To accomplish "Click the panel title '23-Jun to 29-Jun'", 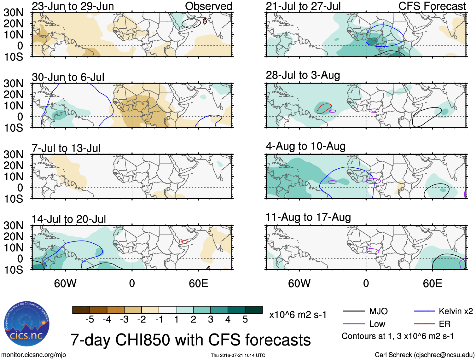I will (x=73, y=6).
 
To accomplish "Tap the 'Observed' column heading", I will (x=208, y=6).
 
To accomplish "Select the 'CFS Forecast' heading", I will (x=432, y=6).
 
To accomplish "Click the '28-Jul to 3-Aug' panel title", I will (x=303, y=75).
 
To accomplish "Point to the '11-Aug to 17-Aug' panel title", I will (x=308, y=217).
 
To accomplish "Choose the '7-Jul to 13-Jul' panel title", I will (x=66, y=148).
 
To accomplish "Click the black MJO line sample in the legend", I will (x=354, y=311).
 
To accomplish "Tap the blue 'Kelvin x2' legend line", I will (x=424, y=311).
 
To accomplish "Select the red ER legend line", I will (x=424, y=324).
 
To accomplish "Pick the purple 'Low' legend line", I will (x=354, y=324).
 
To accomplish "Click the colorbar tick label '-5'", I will (x=90, y=320).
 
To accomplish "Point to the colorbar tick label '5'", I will (x=245, y=320).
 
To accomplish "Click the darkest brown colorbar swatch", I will (x=81, y=310).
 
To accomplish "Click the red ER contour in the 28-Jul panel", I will (x=324, y=108).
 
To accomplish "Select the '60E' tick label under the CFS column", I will (x=432, y=283).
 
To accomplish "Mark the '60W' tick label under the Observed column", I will (x=65, y=283).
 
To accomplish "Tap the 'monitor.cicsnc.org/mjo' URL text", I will (x=34, y=355).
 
